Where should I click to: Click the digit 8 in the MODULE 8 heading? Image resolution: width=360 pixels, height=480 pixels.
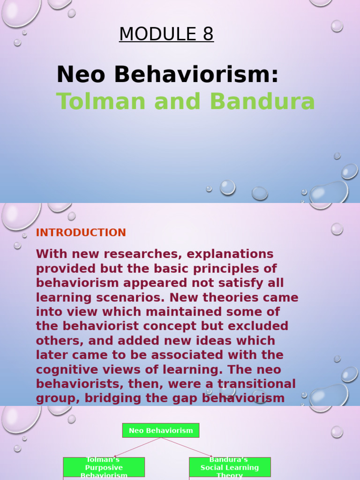(208, 34)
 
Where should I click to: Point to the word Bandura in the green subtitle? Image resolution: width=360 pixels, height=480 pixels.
(262, 101)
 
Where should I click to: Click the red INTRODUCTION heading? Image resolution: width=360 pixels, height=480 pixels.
(81, 232)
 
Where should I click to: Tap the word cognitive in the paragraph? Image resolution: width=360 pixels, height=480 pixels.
(64, 370)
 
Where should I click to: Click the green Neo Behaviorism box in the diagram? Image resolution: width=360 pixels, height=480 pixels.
(161, 430)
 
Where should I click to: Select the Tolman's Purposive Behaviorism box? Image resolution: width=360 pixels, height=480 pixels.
(104, 467)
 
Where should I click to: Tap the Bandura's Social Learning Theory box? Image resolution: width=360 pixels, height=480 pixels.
(230, 467)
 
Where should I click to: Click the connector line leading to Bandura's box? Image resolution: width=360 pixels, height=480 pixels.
(187, 447)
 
